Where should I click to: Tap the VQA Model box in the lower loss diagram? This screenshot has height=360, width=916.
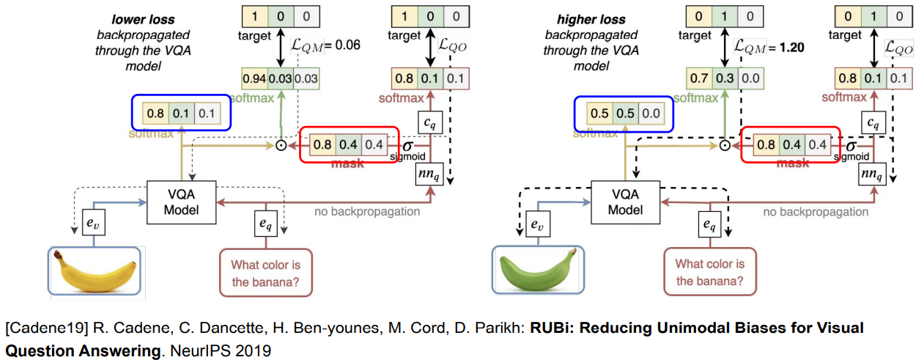tap(181, 202)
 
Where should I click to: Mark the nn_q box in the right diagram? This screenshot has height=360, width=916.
tap(873, 175)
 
